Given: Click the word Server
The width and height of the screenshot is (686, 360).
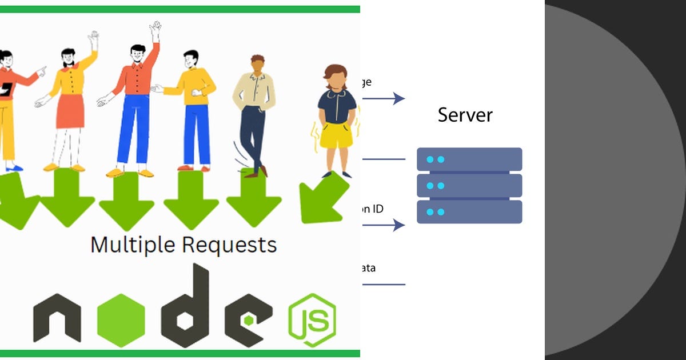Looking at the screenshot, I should point(465,115).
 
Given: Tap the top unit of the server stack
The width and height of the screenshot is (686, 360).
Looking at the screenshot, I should point(469,159).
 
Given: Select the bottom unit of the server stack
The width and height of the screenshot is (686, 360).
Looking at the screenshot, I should point(469,212).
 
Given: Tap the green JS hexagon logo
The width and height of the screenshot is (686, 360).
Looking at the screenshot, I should point(312,320).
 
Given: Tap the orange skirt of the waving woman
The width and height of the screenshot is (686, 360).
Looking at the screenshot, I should point(71,111).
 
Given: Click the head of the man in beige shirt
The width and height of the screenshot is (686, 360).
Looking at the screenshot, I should point(257,63).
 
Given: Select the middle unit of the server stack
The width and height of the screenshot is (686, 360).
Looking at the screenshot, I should point(469,186).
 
